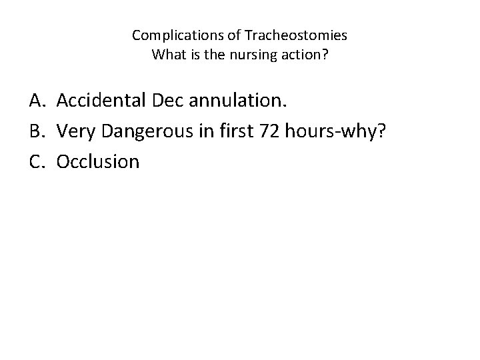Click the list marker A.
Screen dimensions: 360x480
click(37, 101)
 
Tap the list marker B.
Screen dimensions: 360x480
click(37, 131)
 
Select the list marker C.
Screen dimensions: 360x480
click(37, 161)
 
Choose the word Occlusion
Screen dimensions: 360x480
click(98, 161)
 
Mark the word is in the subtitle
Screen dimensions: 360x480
click(192, 54)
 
